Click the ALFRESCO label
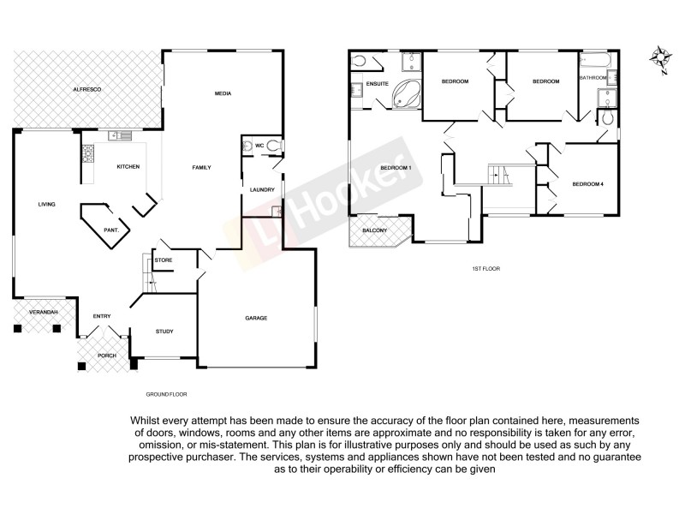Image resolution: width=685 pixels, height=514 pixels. coord(87,89)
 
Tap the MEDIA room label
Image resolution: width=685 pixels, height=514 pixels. coord(223,93)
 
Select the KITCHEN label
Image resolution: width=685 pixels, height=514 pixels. coord(128,166)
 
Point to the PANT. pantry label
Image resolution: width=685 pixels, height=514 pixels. coord(111,230)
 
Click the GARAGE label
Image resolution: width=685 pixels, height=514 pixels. coord(256,318)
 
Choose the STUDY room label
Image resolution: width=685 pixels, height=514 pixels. coord(164,332)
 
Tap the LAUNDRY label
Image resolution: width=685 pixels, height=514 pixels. coord(262,189)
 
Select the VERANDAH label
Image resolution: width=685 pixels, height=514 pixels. coord(43,312)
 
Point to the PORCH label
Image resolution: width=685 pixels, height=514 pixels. coord(106,356)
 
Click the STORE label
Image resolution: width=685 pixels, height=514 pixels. coord(164,259)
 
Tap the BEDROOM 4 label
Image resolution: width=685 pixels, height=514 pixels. coord(588,184)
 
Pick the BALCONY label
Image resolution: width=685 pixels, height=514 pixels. coord(375,230)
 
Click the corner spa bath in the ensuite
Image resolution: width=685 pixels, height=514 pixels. coord(406,96)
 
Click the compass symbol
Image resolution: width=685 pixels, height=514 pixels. coord(659,59)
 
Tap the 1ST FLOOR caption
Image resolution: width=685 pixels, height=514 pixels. coord(485,269)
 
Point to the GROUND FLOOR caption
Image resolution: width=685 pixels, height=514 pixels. coord(166,394)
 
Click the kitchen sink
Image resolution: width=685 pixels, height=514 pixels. coord(119,135)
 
